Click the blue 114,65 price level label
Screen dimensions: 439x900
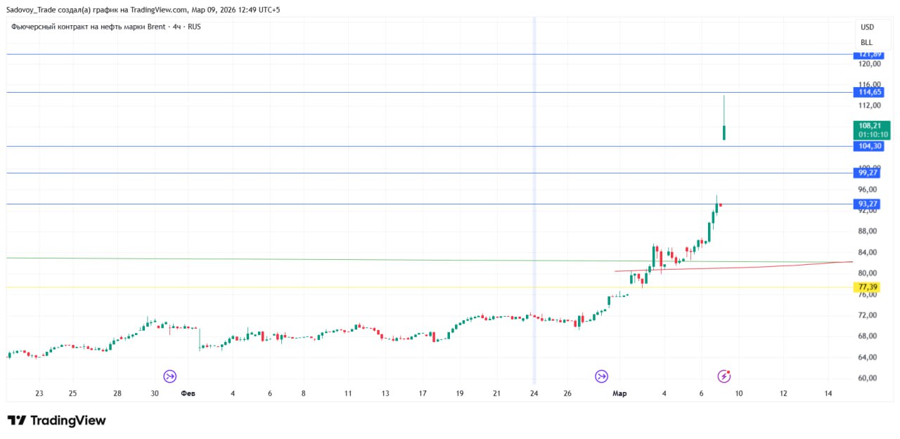(867, 92)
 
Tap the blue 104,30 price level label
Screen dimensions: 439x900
(867, 146)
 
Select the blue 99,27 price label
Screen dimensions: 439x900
(867, 173)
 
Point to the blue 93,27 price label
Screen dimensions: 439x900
(867, 204)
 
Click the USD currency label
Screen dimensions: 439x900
(867, 27)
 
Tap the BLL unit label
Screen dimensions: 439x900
(866, 43)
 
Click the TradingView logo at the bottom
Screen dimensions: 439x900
(57, 421)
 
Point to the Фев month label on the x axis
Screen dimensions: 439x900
(188, 393)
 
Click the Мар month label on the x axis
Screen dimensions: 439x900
(619, 393)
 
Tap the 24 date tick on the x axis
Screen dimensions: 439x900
(534, 393)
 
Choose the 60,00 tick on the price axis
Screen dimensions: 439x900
(869, 378)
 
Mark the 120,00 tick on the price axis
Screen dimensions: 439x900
(869, 64)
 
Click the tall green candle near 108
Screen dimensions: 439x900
(724, 132)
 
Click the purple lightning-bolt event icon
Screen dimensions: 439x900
(724, 376)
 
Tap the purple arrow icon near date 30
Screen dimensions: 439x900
(169, 376)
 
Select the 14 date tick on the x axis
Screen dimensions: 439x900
(828, 393)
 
